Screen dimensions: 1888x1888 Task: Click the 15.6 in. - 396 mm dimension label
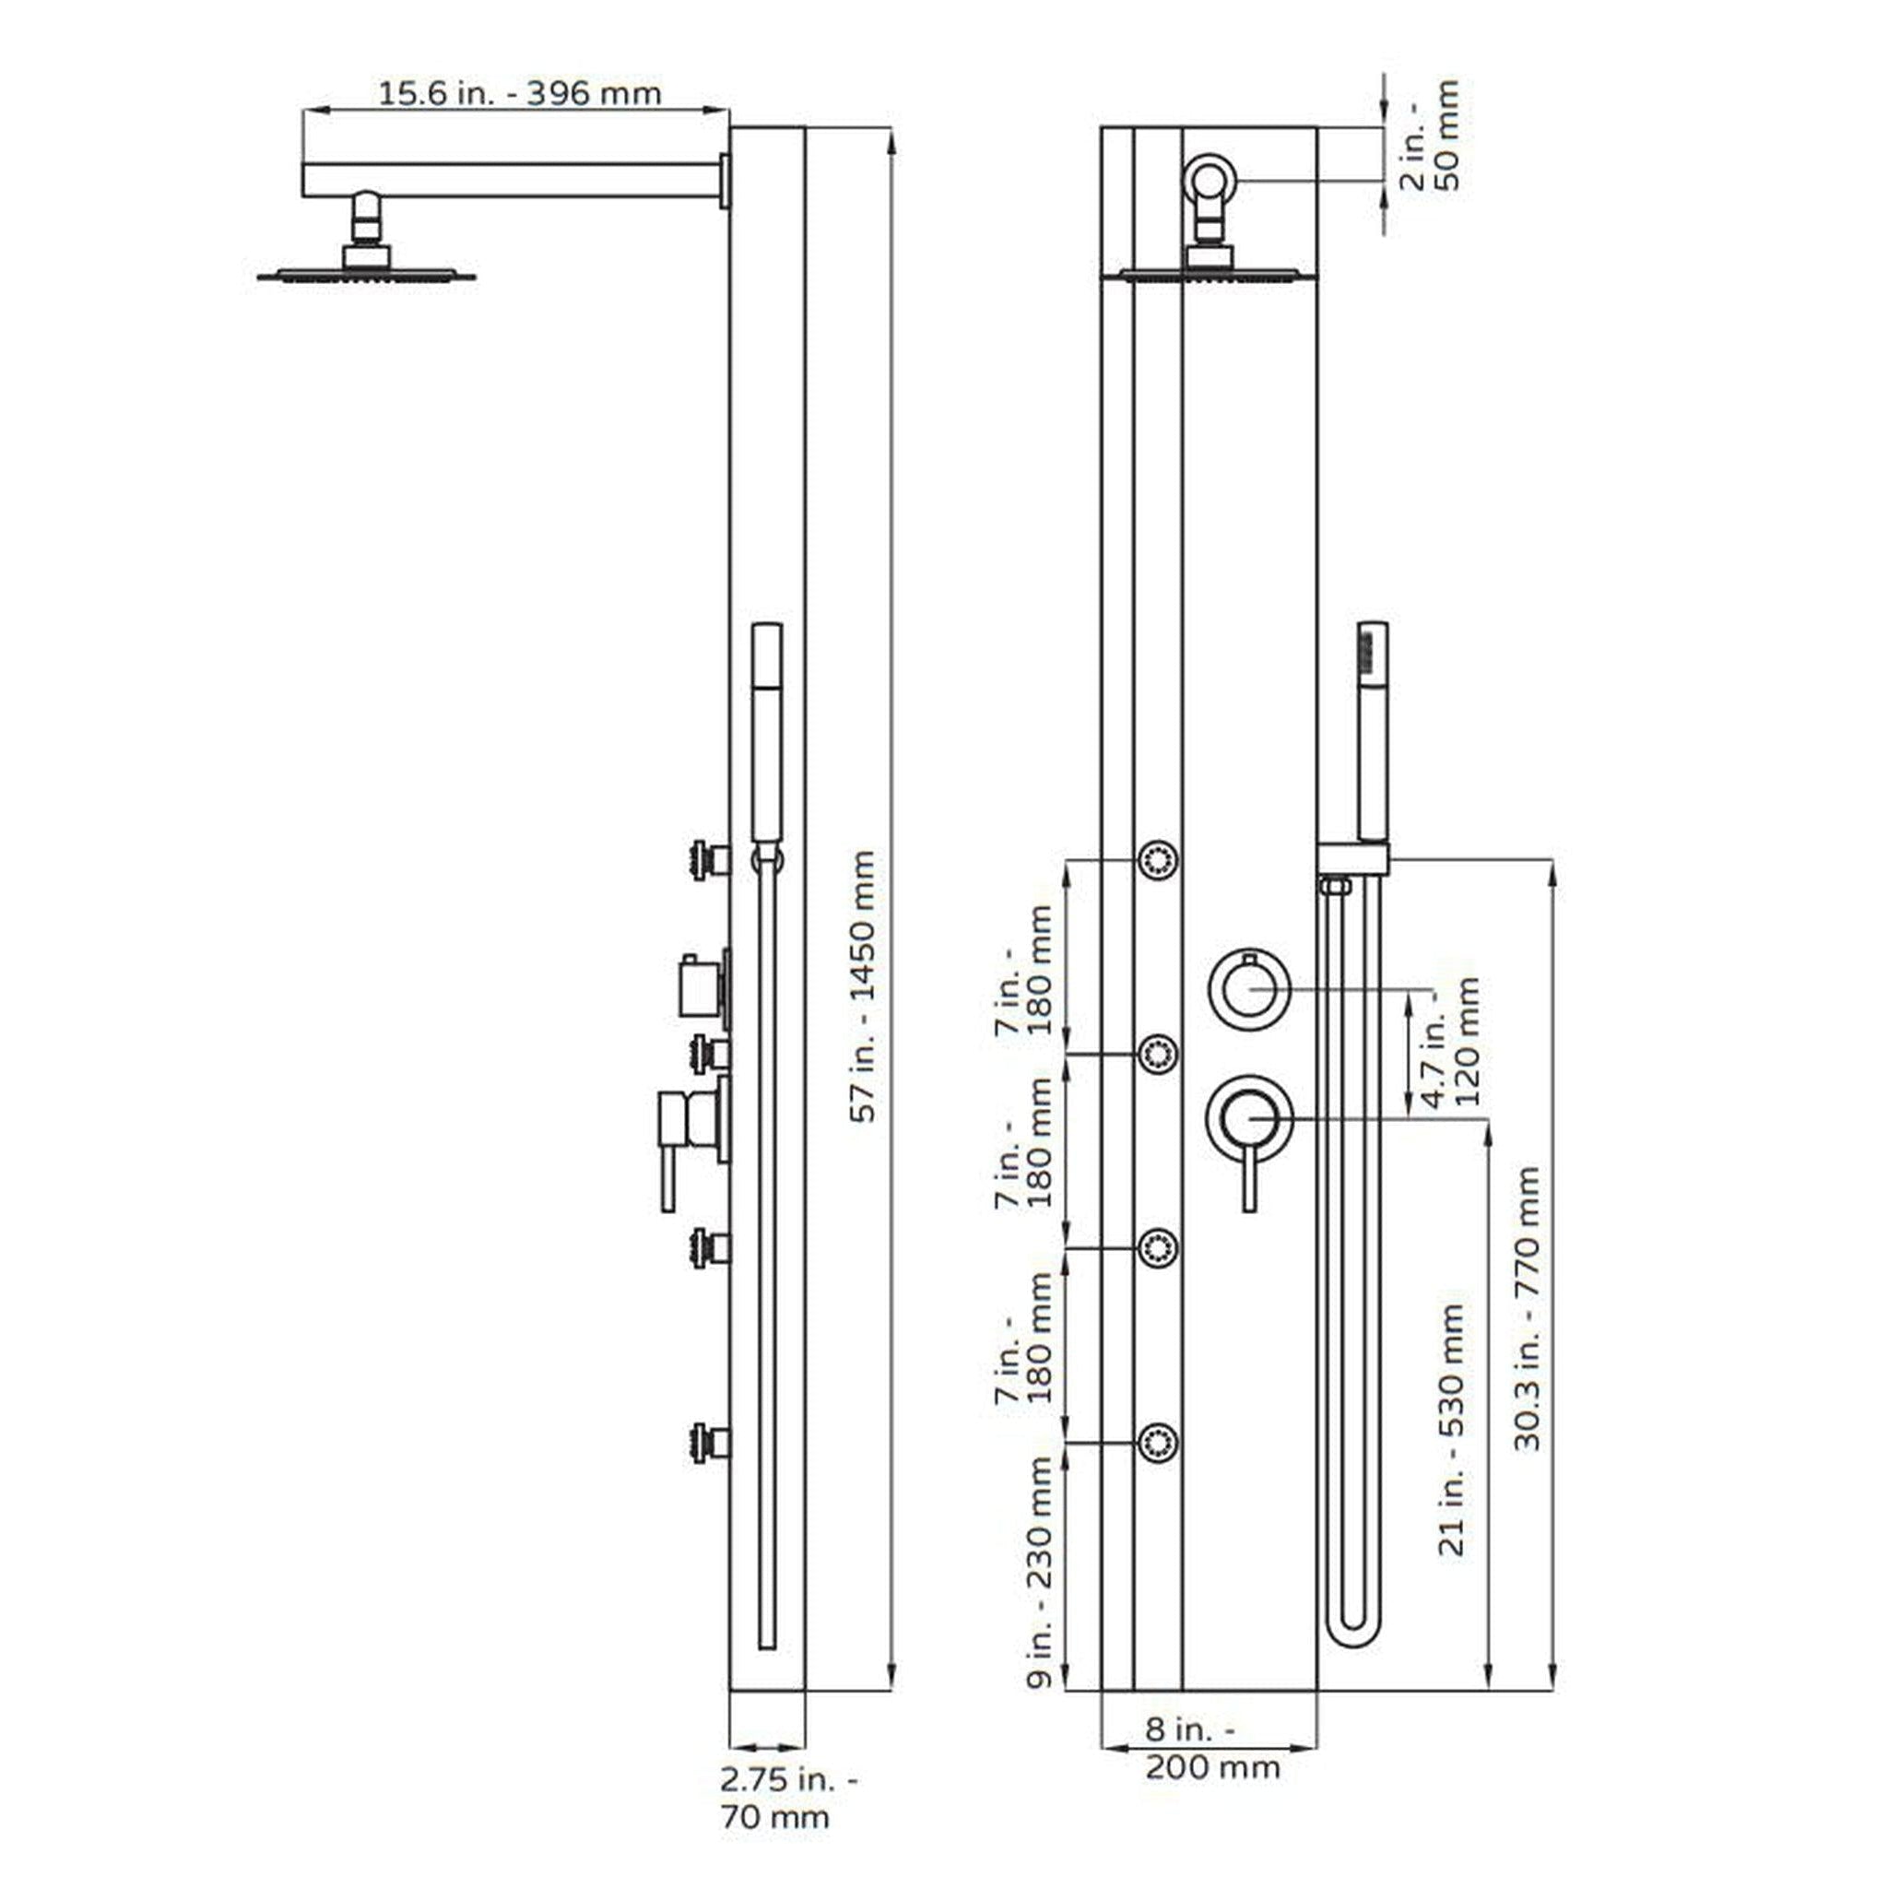519,94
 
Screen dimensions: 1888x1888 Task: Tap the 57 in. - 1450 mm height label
863,986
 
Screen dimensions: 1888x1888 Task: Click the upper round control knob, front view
1250,989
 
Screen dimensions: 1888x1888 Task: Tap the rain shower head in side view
367,275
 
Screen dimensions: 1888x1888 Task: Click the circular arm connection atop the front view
1211,181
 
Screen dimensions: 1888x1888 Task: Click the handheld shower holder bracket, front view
1353,859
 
